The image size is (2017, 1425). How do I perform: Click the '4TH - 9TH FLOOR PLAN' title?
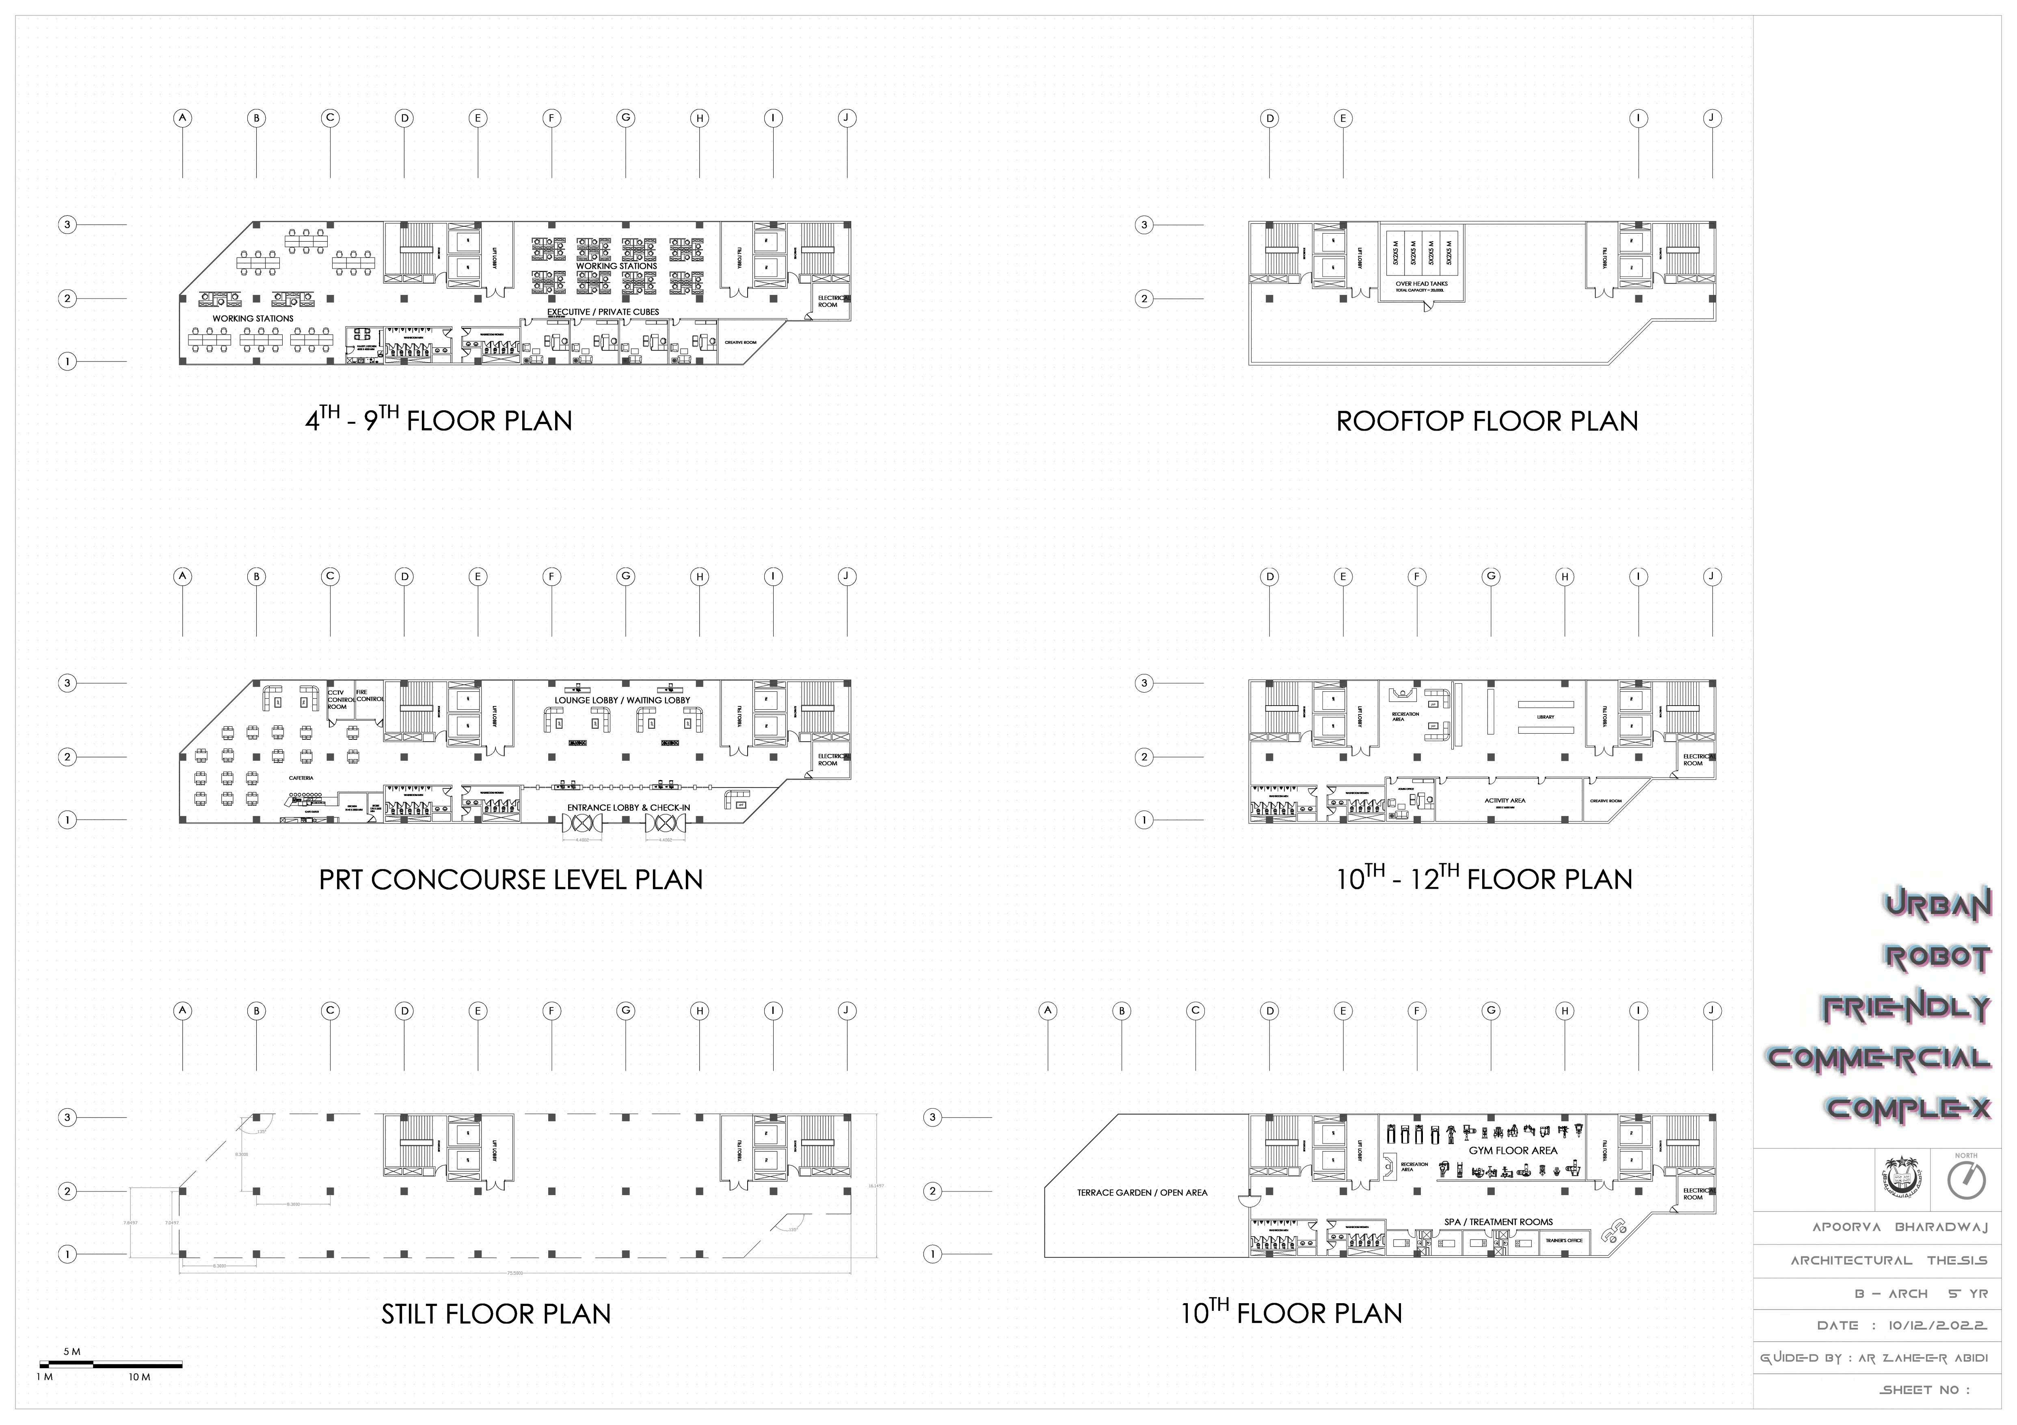(x=439, y=421)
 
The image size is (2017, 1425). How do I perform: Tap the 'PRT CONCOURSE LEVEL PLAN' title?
(x=510, y=879)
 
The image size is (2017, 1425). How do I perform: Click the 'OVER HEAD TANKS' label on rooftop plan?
(x=1421, y=284)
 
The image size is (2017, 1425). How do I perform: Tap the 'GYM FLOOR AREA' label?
(x=1513, y=1150)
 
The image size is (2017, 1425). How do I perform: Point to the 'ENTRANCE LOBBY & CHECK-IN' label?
(x=628, y=808)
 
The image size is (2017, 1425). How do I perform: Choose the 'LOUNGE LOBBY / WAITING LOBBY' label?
(x=622, y=700)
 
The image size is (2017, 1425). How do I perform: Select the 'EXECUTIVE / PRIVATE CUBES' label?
(x=603, y=312)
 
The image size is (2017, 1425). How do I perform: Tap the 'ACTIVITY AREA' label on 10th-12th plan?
(x=1505, y=800)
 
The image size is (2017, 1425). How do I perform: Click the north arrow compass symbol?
(x=1966, y=1181)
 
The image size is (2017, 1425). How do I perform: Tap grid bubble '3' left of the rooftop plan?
(x=1144, y=225)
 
